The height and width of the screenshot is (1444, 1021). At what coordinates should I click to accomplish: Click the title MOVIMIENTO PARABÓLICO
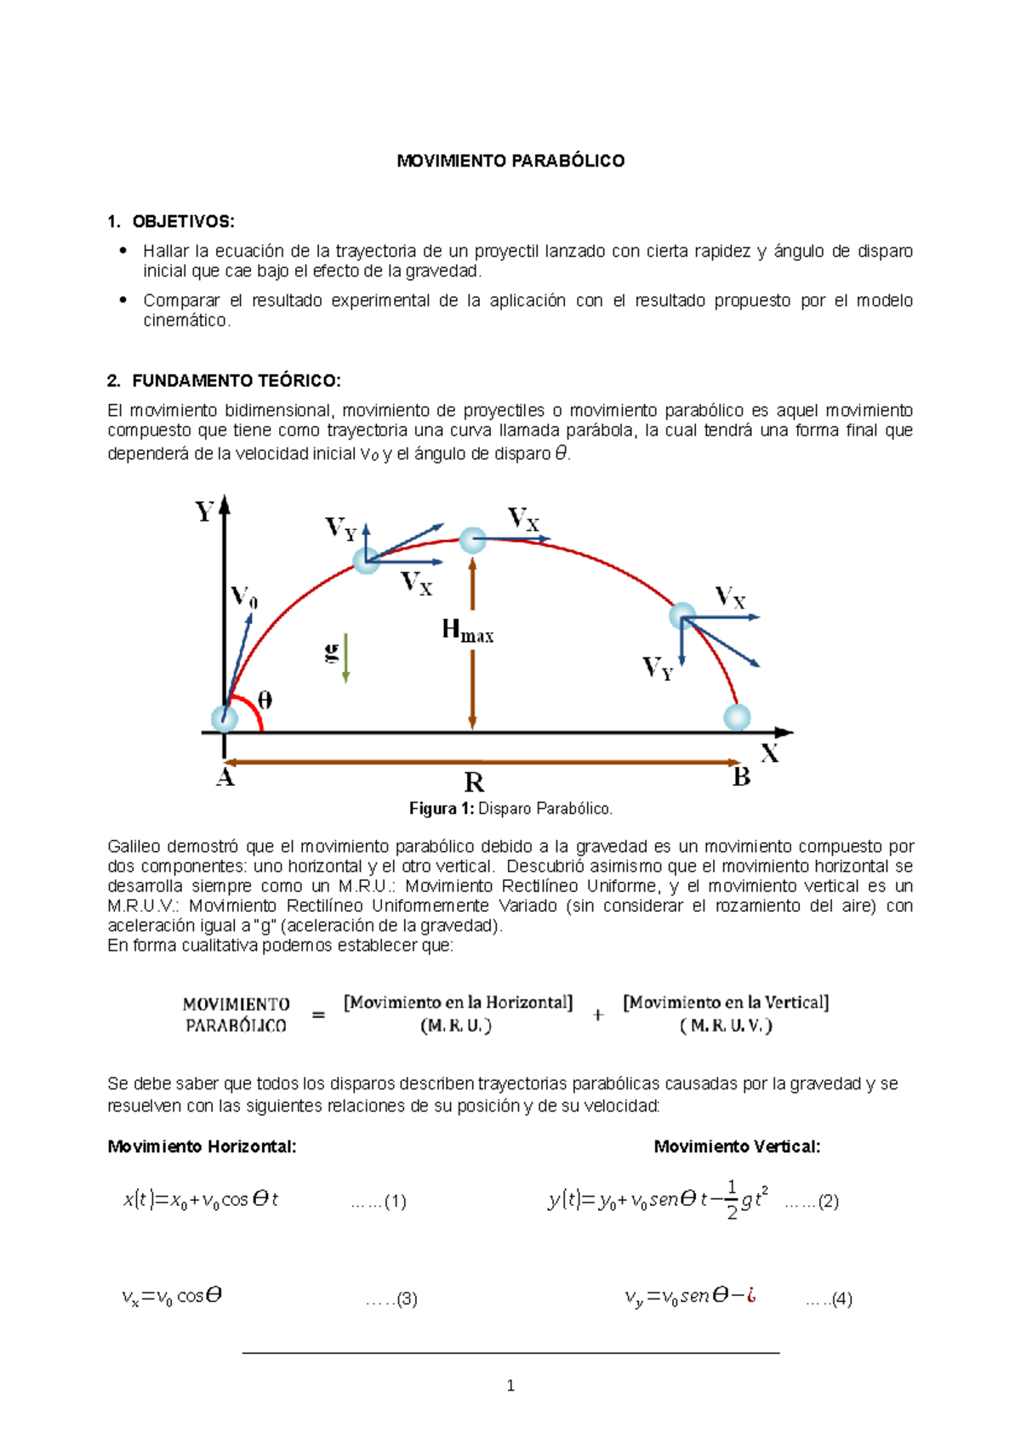(x=510, y=161)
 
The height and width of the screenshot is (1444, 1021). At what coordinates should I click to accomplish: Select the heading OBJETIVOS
(x=182, y=222)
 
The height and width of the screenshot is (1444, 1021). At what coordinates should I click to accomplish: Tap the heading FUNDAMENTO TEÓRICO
(x=236, y=380)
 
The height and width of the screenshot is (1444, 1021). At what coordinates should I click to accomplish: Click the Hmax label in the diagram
(x=466, y=631)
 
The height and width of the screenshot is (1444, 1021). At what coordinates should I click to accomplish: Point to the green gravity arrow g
(x=345, y=657)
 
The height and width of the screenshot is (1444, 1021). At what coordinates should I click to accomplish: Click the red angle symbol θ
(x=265, y=701)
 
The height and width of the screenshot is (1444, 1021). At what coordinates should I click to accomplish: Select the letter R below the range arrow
(x=474, y=782)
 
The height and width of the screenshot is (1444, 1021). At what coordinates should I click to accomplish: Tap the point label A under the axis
(x=225, y=777)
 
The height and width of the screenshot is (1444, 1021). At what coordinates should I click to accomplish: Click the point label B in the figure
(x=741, y=777)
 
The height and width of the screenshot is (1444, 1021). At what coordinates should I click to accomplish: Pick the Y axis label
(x=204, y=512)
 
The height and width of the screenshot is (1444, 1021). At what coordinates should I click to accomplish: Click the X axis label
(x=769, y=753)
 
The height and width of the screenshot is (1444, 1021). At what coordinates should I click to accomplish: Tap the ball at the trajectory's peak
(x=472, y=540)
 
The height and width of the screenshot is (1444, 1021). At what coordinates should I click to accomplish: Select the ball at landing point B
(x=737, y=717)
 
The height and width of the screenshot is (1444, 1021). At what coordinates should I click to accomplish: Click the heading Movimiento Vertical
(x=737, y=1146)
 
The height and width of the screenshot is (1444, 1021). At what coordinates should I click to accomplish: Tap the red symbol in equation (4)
(x=750, y=1295)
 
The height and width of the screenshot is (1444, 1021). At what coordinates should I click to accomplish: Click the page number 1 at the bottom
(x=510, y=1386)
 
